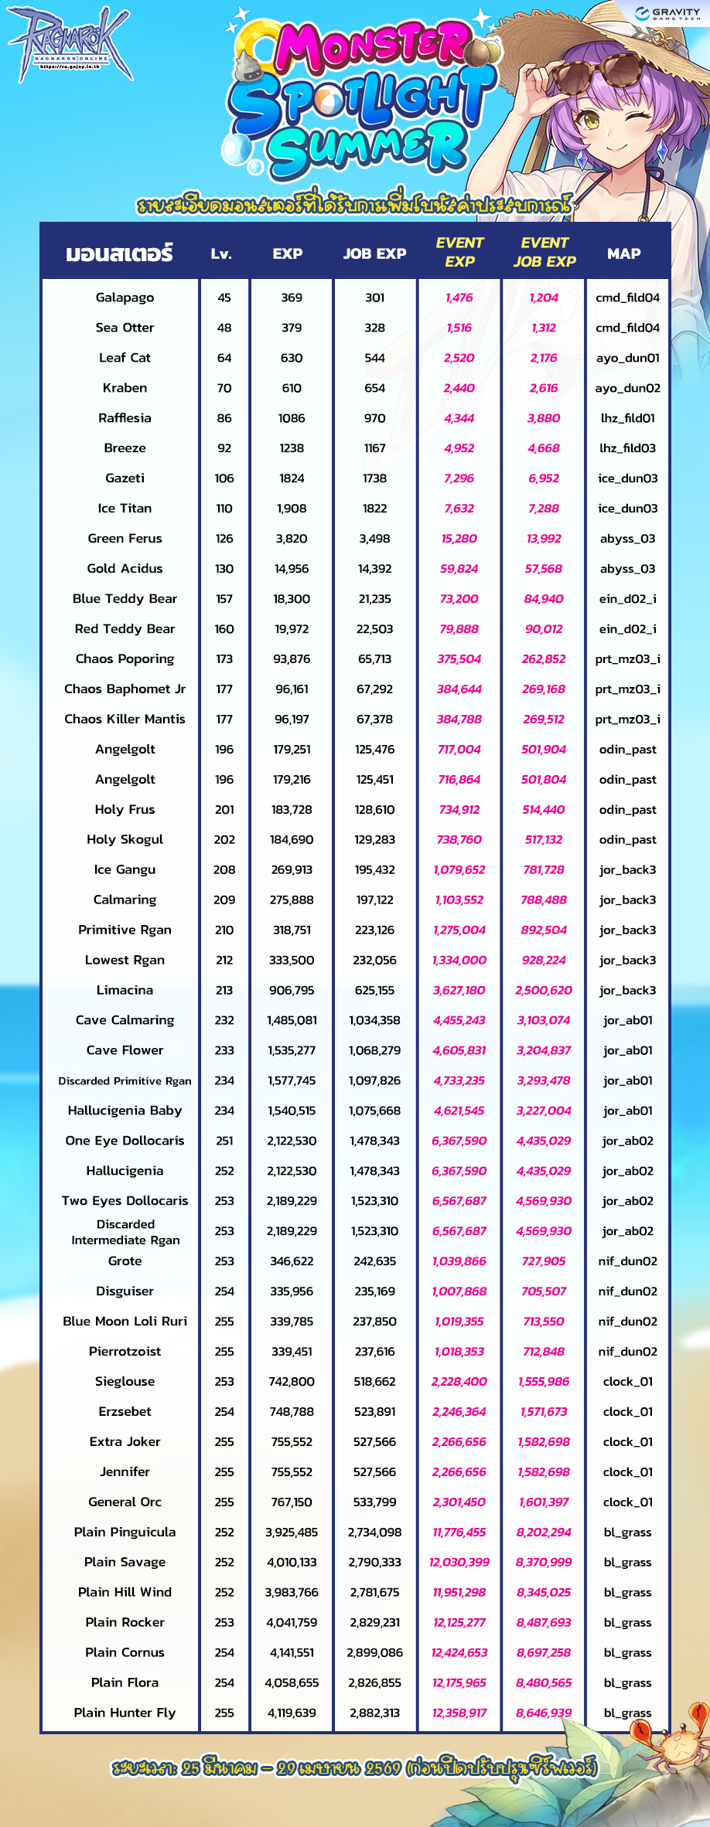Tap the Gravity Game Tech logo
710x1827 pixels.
pyautogui.click(x=667, y=14)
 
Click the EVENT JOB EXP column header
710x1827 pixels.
pyautogui.click(x=544, y=253)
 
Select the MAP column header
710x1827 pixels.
pyautogui.click(x=623, y=253)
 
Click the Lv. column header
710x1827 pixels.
pyautogui.click(x=222, y=253)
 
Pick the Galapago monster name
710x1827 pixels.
pyautogui.click(x=125, y=298)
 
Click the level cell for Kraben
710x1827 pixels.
pyautogui.click(x=224, y=388)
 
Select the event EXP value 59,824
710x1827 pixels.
pyautogui.click(x=459, y=569)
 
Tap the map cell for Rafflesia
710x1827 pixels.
pyautogui.click(x=627, y=418)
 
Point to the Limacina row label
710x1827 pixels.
pyautogui.click(x=125, y=990)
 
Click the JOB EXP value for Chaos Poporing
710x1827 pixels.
pyautogui.click(x=374, y=659)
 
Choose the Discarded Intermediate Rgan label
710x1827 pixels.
pyautogui.click(x=125, y=1232)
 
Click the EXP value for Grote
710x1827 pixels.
pyautogui.click(x=292, y=1261)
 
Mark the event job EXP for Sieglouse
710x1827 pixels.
pyautogui.click(x=544, y=1382)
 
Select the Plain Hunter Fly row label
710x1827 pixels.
pyautogui.click(x=125, y=1713)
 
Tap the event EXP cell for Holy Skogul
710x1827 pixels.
pyautogui.click(x=459, y=839)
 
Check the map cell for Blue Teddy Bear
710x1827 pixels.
pyautogui.click(x=627, y=599)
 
